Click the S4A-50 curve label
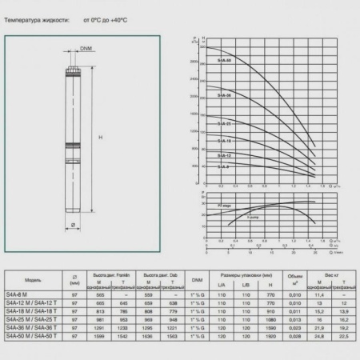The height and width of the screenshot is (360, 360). (x=224, y=61)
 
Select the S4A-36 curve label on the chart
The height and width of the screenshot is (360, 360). (x=224, y=96)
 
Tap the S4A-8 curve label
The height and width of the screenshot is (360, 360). (x=223, y=166)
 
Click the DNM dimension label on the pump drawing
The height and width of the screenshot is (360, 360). (x=86, y=49)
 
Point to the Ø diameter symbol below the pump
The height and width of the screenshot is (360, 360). (x=74, y=225)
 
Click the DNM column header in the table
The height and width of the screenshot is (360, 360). (x=197, y=280)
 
